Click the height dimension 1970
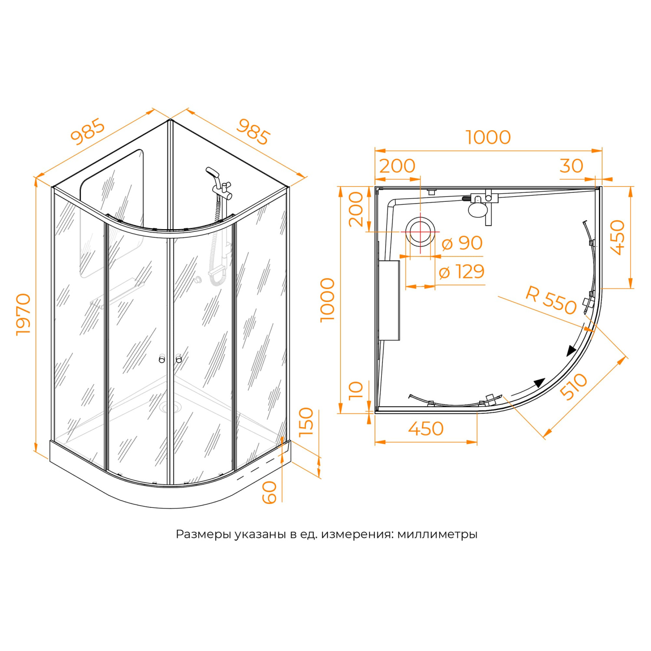pos(23,314)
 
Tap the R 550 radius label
pos(551,299)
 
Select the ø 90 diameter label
pos(462,243)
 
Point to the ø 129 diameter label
pos(461,272)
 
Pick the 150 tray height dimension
pos(306,421)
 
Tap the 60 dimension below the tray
pos(270,492)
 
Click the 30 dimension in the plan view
pos(571,166)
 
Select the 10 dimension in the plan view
pos(356,390)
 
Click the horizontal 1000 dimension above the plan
pos(488,137)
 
